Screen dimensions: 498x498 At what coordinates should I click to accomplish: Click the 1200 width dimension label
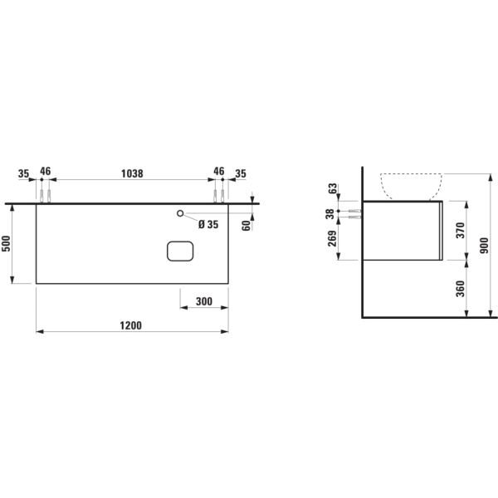tap(130, 325)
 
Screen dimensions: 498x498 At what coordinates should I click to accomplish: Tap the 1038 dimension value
tap(132, 173)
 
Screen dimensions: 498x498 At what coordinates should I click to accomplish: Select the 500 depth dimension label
tap(7, 243)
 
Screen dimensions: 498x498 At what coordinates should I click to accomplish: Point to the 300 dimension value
tap(204, 301)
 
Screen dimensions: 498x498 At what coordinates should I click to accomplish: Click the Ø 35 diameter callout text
tap(208, 225)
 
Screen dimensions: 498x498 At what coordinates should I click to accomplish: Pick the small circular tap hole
tap(180, 213)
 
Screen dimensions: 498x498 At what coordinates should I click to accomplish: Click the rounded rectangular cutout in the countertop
tap(180, 251)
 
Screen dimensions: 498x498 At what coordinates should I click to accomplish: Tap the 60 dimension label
tap(247, 226)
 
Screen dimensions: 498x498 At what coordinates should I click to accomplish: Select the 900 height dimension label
tap(485, 246)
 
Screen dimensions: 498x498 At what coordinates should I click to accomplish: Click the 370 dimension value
tap(461, 231)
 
